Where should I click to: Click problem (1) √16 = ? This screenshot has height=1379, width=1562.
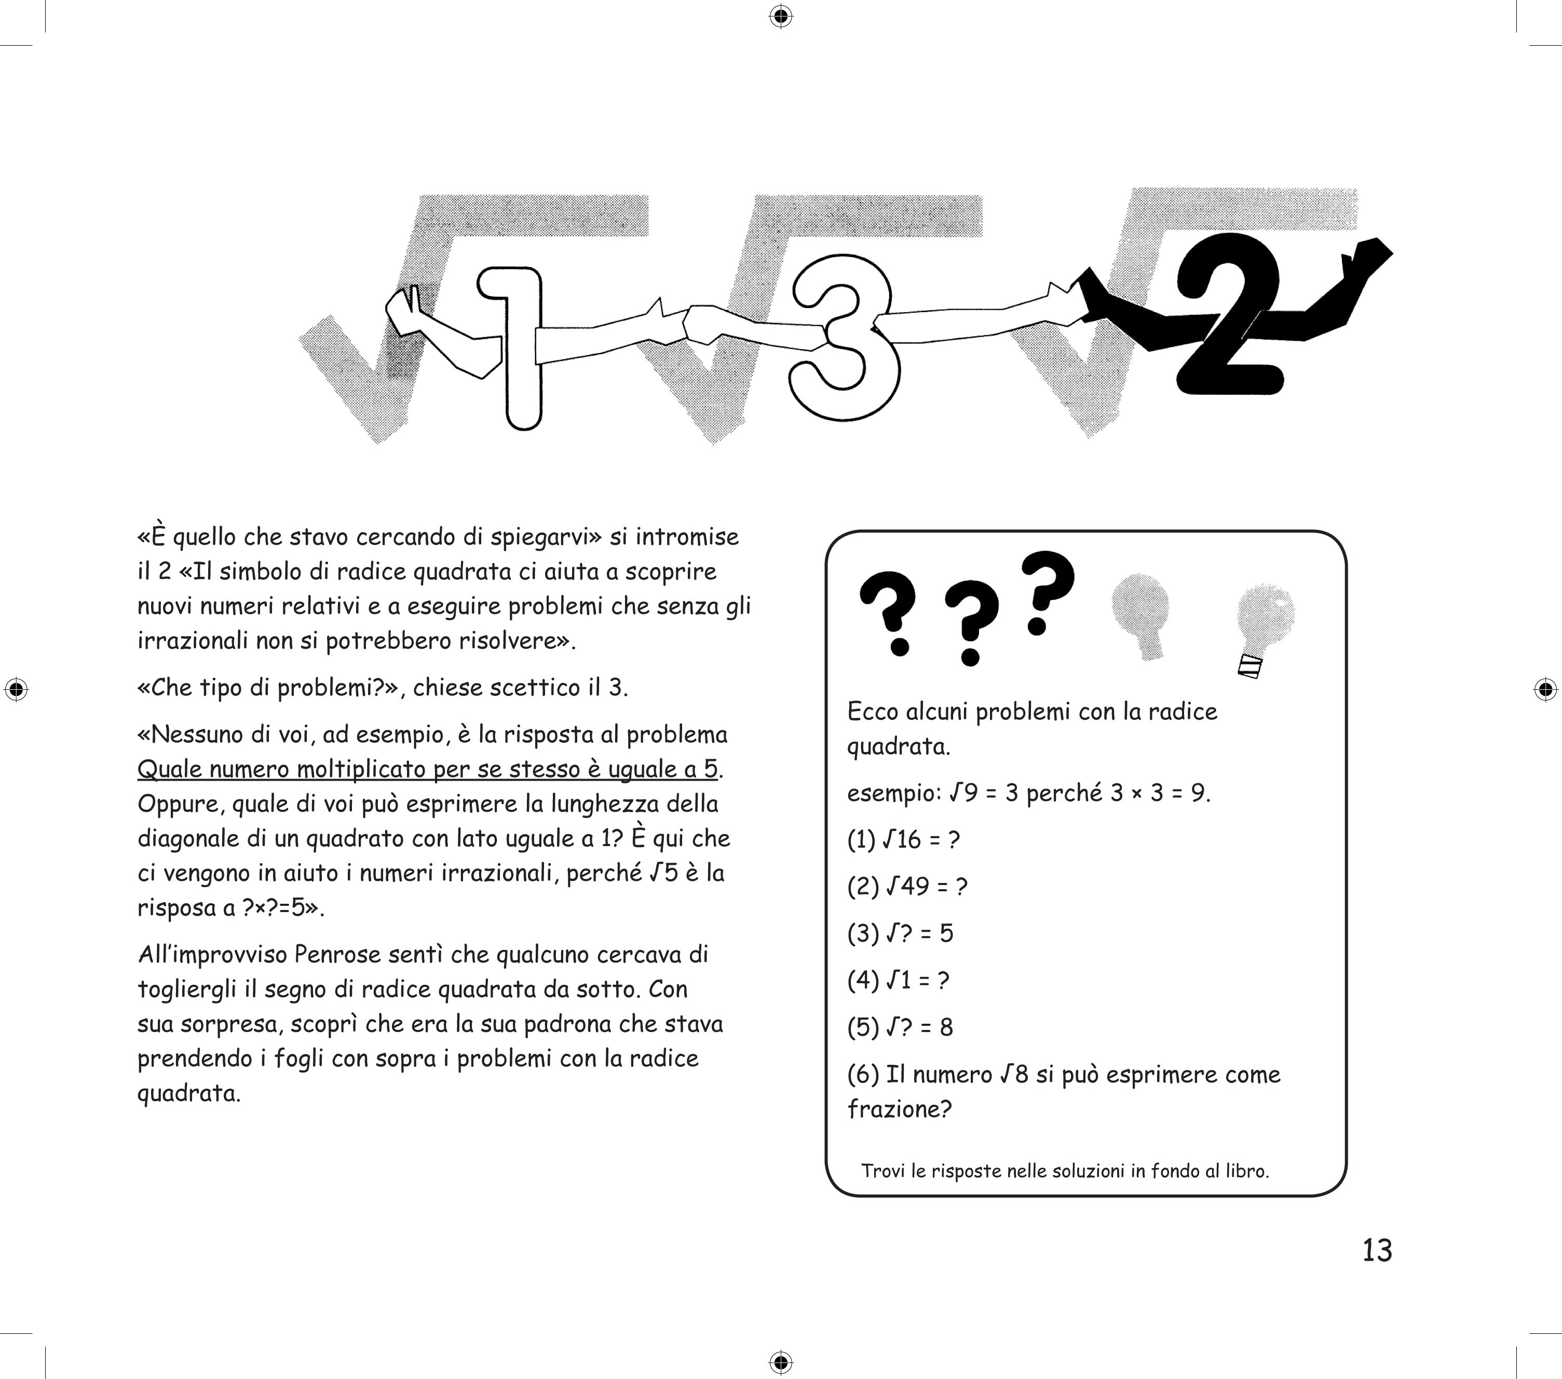tap(903, 840)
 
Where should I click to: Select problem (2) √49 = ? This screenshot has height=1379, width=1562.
tap(907, 887)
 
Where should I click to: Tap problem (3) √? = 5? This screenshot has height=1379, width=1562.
tap(900, 933)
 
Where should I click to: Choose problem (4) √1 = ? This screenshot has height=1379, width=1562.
tap(898, 981)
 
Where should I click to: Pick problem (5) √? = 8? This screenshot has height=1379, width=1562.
tap(900, 1027)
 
